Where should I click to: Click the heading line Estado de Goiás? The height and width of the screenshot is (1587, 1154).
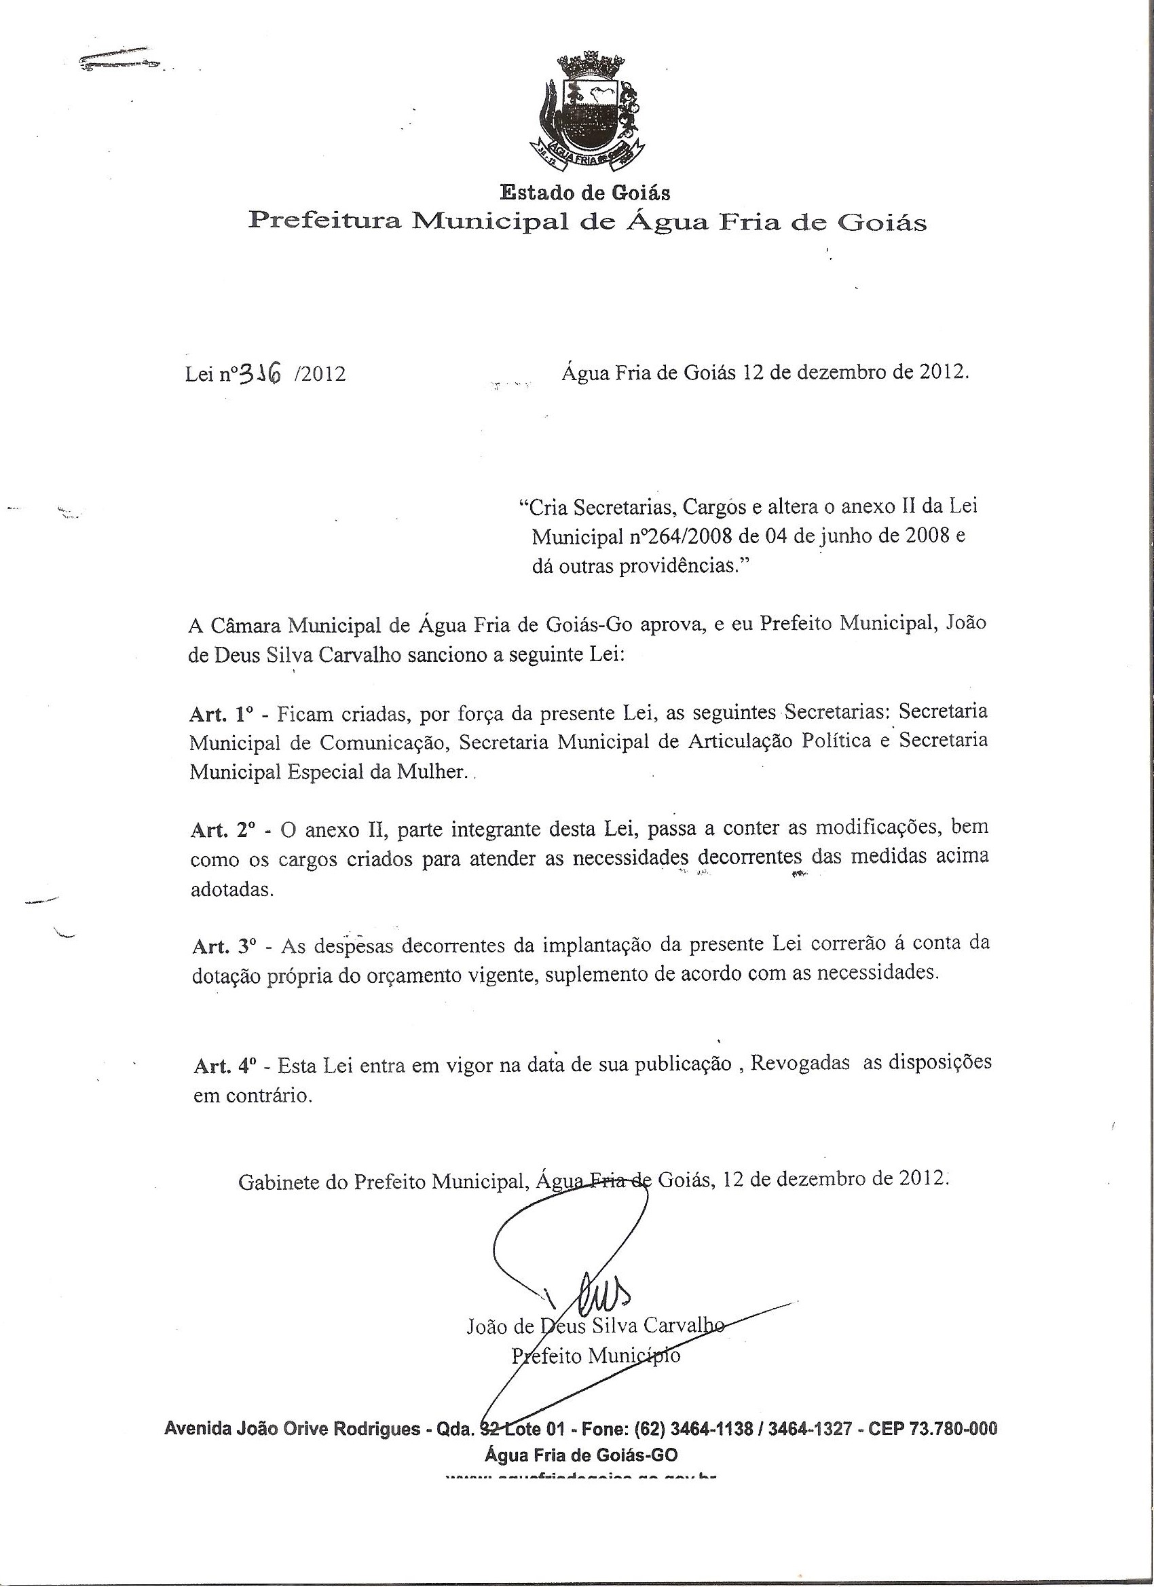tap(584, 191)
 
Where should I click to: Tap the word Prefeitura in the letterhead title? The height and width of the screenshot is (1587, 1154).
tap(325, 222)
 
